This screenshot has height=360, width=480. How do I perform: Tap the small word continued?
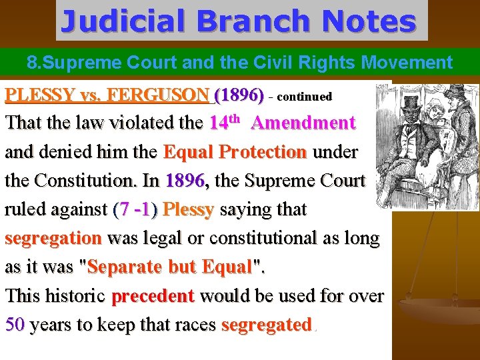tap(304, 97)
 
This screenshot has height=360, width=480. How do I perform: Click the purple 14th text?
tap(224, 123)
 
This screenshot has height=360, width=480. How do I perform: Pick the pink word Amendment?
tap(304, 123)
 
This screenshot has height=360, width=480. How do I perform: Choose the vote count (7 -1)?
tap(135, 209)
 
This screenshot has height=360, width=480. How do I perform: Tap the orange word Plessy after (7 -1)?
tap(188, 209)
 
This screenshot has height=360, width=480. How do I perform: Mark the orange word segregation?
tap(53, 238)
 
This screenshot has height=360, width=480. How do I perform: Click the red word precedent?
tap(153, 295)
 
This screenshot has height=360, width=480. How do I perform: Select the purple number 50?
tap(15, 325)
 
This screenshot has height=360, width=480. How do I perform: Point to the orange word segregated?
tap(266, 325)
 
